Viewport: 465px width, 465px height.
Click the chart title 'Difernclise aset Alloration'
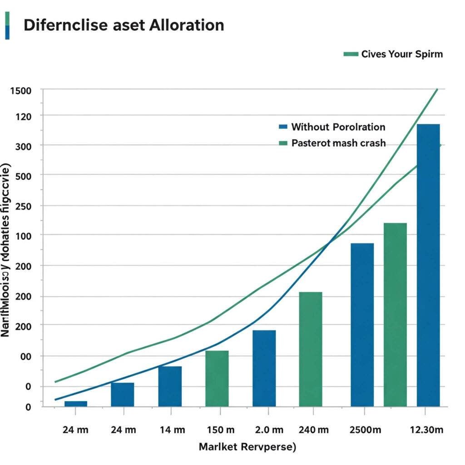pos(124,25)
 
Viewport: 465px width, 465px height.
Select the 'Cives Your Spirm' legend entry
pos(401,54)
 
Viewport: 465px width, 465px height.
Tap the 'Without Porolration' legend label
pos(338,127)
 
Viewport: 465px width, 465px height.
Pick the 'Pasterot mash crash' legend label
pos(338,143)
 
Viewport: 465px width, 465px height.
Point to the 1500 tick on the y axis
pos(20,90)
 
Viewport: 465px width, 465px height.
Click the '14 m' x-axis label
pos(170,430)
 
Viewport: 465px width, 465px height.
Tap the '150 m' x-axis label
pos(219,430)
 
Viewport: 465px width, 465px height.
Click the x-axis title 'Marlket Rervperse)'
pos(247,447)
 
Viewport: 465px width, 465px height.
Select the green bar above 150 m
pos(217,378)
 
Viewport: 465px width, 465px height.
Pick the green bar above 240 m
pos(311,349)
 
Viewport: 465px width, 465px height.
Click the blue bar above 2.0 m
pos(264,368)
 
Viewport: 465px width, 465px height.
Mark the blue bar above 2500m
pos(362,325)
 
